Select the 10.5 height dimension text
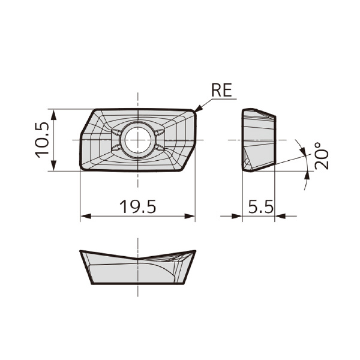click(x=43, y=140)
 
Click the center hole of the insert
click(x=137, y=140)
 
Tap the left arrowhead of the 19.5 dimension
click(x=84, y=217)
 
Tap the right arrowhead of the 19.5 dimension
click(x=191, y=217)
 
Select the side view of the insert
click(x=259, y=140)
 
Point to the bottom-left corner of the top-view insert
click(x=82, y=169)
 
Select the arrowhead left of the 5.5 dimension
click(x=238, y=217)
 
